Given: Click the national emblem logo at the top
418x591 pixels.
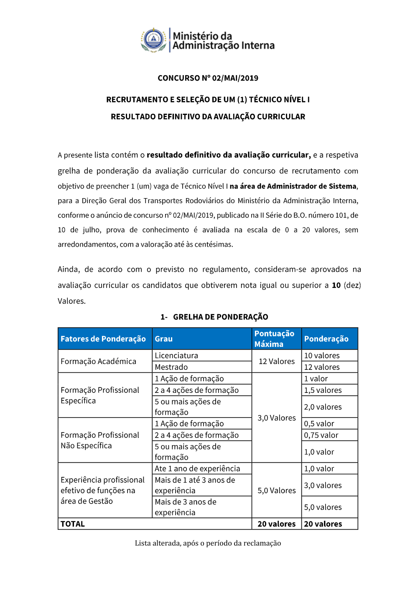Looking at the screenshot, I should point(154,40).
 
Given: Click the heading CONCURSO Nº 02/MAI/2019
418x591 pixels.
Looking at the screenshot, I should point(208,78).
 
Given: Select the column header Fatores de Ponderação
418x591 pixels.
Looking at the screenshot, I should point(103,339).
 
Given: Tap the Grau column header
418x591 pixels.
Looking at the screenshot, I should point(164,339).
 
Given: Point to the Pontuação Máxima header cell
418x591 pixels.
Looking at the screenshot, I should point(274,339).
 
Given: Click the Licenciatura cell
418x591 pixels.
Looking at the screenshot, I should point(176,356).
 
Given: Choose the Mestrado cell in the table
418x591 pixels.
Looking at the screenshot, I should point(171,367).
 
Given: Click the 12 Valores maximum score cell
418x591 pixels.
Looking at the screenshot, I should point(277,362).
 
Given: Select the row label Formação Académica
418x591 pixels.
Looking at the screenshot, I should point(98,362).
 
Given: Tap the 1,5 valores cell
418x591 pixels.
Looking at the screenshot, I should point(323,390).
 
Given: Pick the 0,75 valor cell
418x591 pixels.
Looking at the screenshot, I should point(321,435).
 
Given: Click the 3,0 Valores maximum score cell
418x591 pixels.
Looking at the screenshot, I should point(277,418).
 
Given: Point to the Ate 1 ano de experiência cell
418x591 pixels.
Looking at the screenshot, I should point(197,469).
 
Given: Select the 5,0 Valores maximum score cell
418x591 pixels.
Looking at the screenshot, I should point(277,491).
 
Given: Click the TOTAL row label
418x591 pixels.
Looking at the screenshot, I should point(73,524).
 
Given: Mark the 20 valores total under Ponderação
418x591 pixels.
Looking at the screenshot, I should point(323,524).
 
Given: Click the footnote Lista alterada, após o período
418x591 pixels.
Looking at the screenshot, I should point(208,543).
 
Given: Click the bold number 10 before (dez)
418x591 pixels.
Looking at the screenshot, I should point(336,285).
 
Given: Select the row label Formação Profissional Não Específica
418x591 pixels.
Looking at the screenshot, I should point(100,441).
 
